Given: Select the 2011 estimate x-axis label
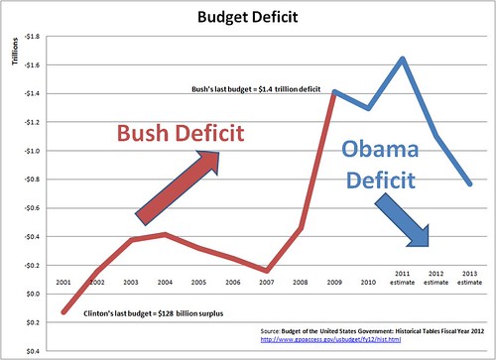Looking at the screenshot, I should point(402,277).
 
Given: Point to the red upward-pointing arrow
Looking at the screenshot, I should point(180,185).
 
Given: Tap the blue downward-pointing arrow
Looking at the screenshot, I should point(405,220).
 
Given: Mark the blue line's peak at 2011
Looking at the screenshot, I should point(403,59).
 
